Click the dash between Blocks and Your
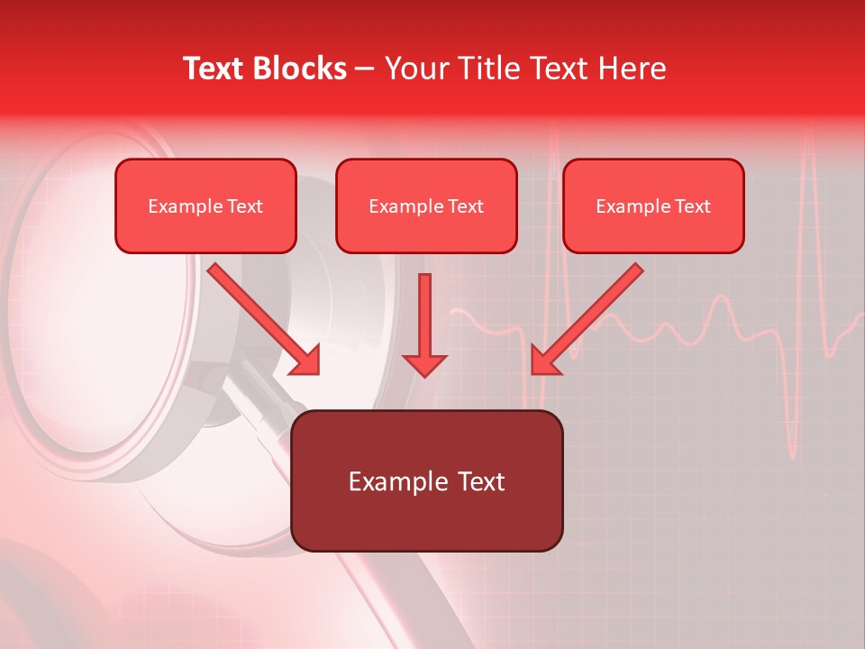click(365, 69)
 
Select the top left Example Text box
click(205, 206)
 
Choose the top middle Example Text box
click(426, 206)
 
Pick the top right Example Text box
click(653, 206)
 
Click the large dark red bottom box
click(426, 480)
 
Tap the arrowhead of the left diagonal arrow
click(305, 361)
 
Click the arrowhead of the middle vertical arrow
click(424, 364)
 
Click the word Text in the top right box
click(693, 206)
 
